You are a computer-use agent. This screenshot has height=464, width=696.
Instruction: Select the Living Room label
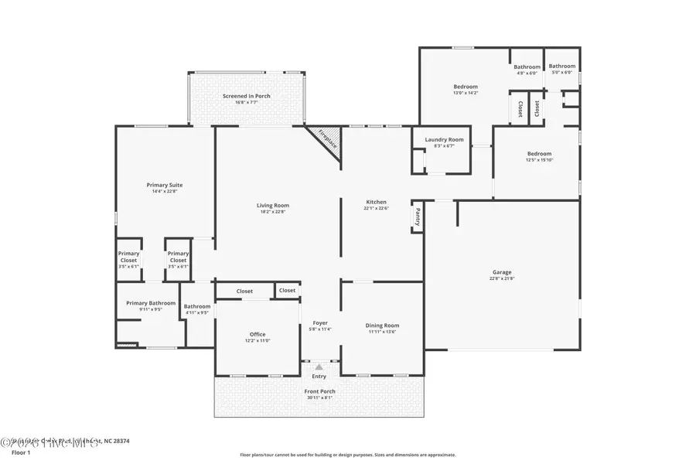273,205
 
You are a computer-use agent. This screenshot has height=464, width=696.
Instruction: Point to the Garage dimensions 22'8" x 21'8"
502,279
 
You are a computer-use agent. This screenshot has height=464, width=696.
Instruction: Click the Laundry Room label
444,139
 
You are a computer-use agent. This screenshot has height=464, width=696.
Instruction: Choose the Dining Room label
382,325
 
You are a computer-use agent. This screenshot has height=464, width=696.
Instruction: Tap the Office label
258,334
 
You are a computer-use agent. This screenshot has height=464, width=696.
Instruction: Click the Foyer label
320,322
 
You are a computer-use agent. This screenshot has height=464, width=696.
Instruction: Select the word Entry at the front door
319,377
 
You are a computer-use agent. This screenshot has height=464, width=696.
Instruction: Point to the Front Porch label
319,391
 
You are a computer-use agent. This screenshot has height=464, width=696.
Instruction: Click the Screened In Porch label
246,96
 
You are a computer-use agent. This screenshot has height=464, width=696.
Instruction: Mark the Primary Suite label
165,185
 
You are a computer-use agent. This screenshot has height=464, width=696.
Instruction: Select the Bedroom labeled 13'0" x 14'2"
466,87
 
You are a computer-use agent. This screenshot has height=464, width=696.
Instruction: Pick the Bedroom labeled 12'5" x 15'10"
539,153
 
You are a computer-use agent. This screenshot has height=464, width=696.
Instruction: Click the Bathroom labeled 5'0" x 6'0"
562,67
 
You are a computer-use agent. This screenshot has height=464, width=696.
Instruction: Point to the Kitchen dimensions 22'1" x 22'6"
377,208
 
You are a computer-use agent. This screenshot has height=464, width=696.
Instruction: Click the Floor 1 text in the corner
19,452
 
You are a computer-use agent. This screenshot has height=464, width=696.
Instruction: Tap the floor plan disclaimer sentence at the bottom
347,455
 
